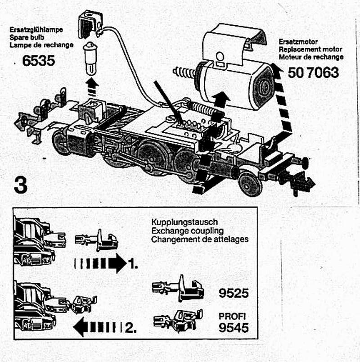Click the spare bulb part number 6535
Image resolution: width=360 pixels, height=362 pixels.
pyautogui.click(x=38, y=60)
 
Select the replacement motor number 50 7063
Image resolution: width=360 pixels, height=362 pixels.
pyautogui.click(x=313, y=72)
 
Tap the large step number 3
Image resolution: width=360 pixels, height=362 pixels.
pyautogui.click(x=21, y=184)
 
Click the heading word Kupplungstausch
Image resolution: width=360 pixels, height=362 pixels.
pyautogui.click(x=184, y=222)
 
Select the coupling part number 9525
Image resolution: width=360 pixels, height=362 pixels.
pyautogui.click(x=234, y=293)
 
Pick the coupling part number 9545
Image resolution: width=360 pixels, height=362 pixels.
pyautogui.click(x=234, y=327)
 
